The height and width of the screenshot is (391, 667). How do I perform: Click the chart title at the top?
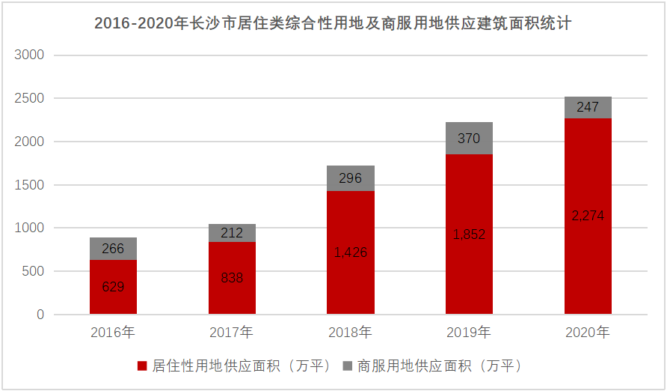pyautogui.click(x=333, y=23)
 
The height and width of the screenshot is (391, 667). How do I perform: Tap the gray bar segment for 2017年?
pyautogui.click(x=232, y=233)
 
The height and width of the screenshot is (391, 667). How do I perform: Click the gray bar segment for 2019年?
pyautogui.click(x=469, y=139)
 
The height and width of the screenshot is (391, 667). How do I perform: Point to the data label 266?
pyautogui.click(x=113, y=249)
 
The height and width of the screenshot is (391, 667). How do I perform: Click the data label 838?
pyautogui.click(x=232, y=278)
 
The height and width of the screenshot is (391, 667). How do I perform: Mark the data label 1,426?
pyautogui.click(x=351, y=252)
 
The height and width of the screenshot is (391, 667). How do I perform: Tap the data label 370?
pyautogui.click(x=469, y=139)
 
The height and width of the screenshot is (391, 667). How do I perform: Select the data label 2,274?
pyautogui.click(x=588, y=216)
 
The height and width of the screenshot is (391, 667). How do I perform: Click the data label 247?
pyautogui.click(x=588, y=108)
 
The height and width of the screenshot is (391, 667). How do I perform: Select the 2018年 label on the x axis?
pyautogui.click(x=351, y=332)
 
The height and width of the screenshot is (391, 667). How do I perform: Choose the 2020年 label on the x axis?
pyautogui.click(x=588, y=332)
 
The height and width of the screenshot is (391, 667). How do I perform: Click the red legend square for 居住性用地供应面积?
pyautogui.click(x=142, y=366)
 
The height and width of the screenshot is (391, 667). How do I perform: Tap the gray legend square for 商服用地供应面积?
pyautogui.click(x=347, y=366)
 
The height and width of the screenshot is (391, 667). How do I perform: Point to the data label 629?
pyautogui.click(x=113, y=286)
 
